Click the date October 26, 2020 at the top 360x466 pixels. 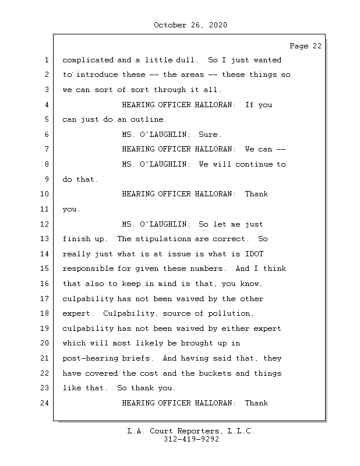click(x=190, y=25)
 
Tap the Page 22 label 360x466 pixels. click(x=305, y=47)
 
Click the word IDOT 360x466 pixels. click(x=254, y=254)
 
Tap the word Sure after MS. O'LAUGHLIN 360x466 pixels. click(x=209, y=135)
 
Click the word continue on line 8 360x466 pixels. click(x=254, y=164)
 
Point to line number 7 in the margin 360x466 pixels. click(x=46, y=150)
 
